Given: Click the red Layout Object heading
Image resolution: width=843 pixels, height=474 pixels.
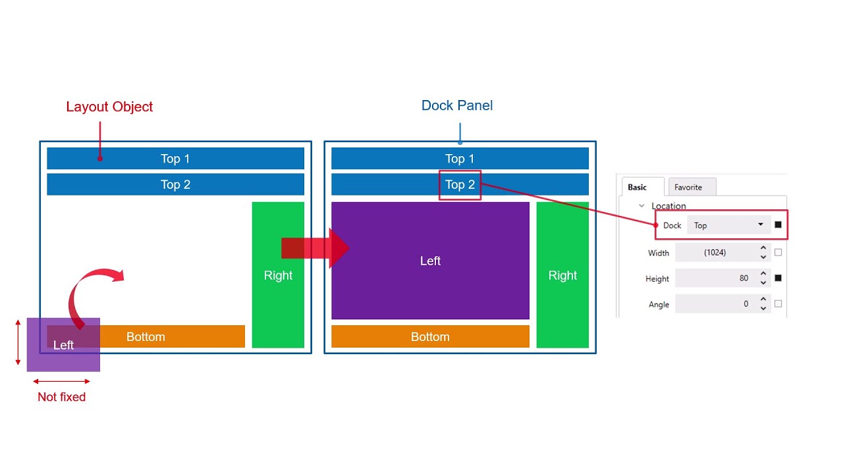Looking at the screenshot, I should (x=109, y=107).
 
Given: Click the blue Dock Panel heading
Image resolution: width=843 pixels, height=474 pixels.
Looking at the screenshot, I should (x=457, y=105).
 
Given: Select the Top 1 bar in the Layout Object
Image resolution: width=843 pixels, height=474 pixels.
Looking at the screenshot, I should (x=175, y=159).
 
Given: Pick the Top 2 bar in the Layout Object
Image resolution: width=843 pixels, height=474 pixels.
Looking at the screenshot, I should (x=175, y=184).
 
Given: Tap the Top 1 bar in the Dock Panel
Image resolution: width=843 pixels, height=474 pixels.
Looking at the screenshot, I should (x=460, y=159).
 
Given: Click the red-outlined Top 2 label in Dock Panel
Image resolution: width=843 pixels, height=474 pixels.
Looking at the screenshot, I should (x=460, y=185).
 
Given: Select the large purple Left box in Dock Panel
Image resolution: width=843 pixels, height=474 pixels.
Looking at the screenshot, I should (x=430, y=261).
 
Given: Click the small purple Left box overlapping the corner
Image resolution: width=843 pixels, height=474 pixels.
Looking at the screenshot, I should (x=63, y=345).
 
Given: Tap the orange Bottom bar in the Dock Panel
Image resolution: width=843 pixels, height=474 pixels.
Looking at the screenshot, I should (x=430, y=336).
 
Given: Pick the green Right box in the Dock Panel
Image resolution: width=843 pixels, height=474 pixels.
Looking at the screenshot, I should (x=562, y=275).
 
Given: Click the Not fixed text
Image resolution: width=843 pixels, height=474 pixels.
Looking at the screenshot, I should (x=61, y=397).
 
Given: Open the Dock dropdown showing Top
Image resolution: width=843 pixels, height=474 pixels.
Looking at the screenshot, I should (x=728, y=225).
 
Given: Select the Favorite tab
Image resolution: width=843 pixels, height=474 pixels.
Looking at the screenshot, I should (x=688, y=188).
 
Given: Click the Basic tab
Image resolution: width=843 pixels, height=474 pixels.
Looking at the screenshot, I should (x=637, y=188).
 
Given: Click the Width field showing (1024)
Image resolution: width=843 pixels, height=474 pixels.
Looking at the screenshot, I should (x=715, y=253).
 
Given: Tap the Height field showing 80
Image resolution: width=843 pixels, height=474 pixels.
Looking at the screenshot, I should (x=715, y=278).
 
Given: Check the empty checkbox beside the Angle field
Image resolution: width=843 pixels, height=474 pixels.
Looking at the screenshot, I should (x=778, y=304).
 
